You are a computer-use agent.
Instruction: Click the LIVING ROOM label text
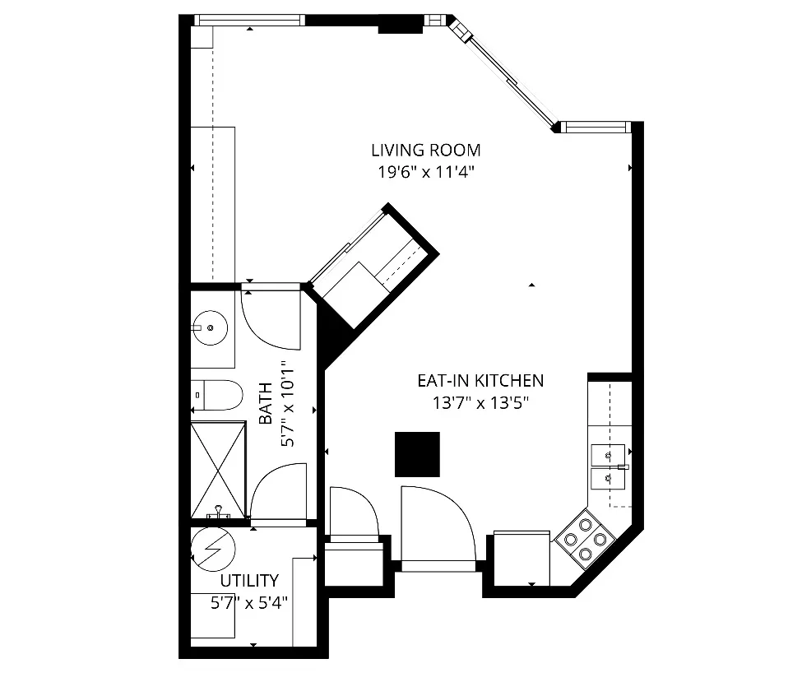click(x=425, y=151)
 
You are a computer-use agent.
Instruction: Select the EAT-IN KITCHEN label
click(x=480, y=381)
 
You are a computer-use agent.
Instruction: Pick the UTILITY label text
click(x=248, y=581)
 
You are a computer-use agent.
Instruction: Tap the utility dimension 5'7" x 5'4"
click(x=248, y=603)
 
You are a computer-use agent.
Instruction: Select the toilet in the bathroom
click(x=217, y=396)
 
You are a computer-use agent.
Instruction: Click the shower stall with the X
click(x=218, y=470)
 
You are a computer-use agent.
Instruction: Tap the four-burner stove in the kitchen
click(x=586, y=539)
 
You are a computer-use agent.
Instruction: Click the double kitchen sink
click(x=608, y=465)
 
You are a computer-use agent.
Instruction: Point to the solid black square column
click(x=417, y=454)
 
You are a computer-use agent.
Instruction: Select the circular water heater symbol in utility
click(x=213, y=549)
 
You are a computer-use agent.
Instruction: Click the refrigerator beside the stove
click(x=521, y=557)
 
